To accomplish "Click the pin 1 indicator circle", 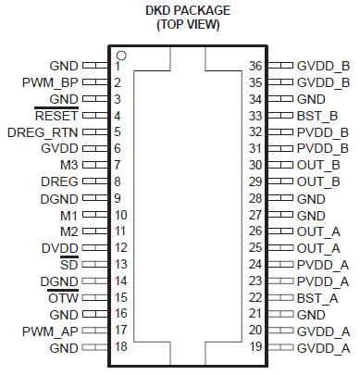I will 121,56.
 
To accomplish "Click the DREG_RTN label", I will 43,132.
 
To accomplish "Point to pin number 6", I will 118,148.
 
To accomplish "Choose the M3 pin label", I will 68,165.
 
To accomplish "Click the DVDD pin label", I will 59,248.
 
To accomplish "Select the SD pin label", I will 69,265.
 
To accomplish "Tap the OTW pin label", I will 63,298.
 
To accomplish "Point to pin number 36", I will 258,67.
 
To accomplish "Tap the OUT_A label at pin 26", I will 318,231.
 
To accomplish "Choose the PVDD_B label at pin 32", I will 322,132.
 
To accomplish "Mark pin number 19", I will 258,348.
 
